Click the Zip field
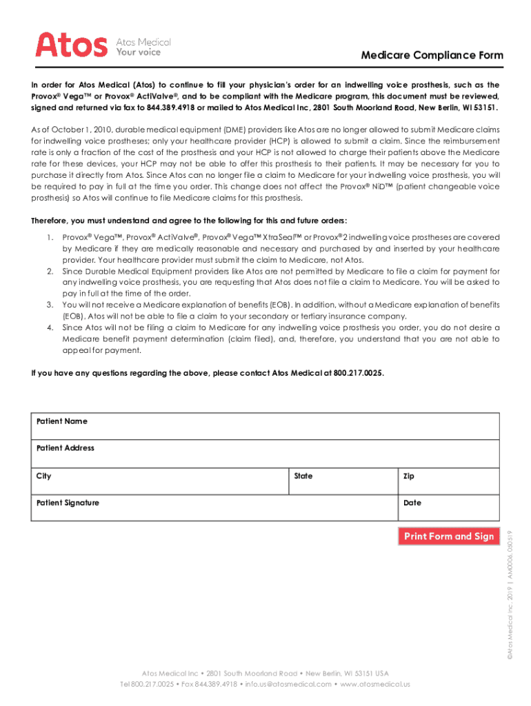449,481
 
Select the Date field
449,507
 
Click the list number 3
50,304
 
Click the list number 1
50,236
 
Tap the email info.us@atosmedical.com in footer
288,684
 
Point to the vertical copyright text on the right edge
511,601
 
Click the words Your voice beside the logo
137,52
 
